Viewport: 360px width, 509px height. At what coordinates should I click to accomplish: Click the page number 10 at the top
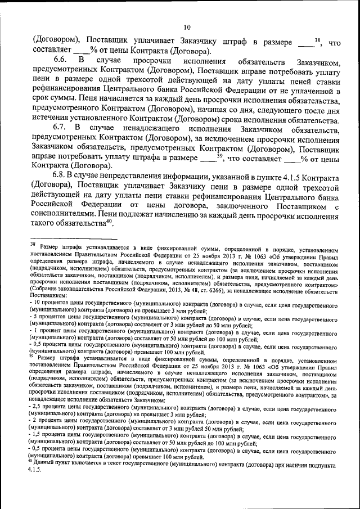pyautogui.click(x=187, y=27)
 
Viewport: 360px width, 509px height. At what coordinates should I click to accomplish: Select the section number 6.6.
pyautogui.click(x=61, y=58)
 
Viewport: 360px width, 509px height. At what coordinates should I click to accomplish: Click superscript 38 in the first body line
pyautogui.click(x=317, y=39)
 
